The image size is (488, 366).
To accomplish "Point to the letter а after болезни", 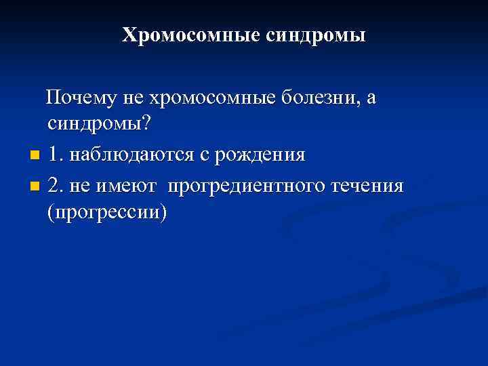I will (x=371, y=99).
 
